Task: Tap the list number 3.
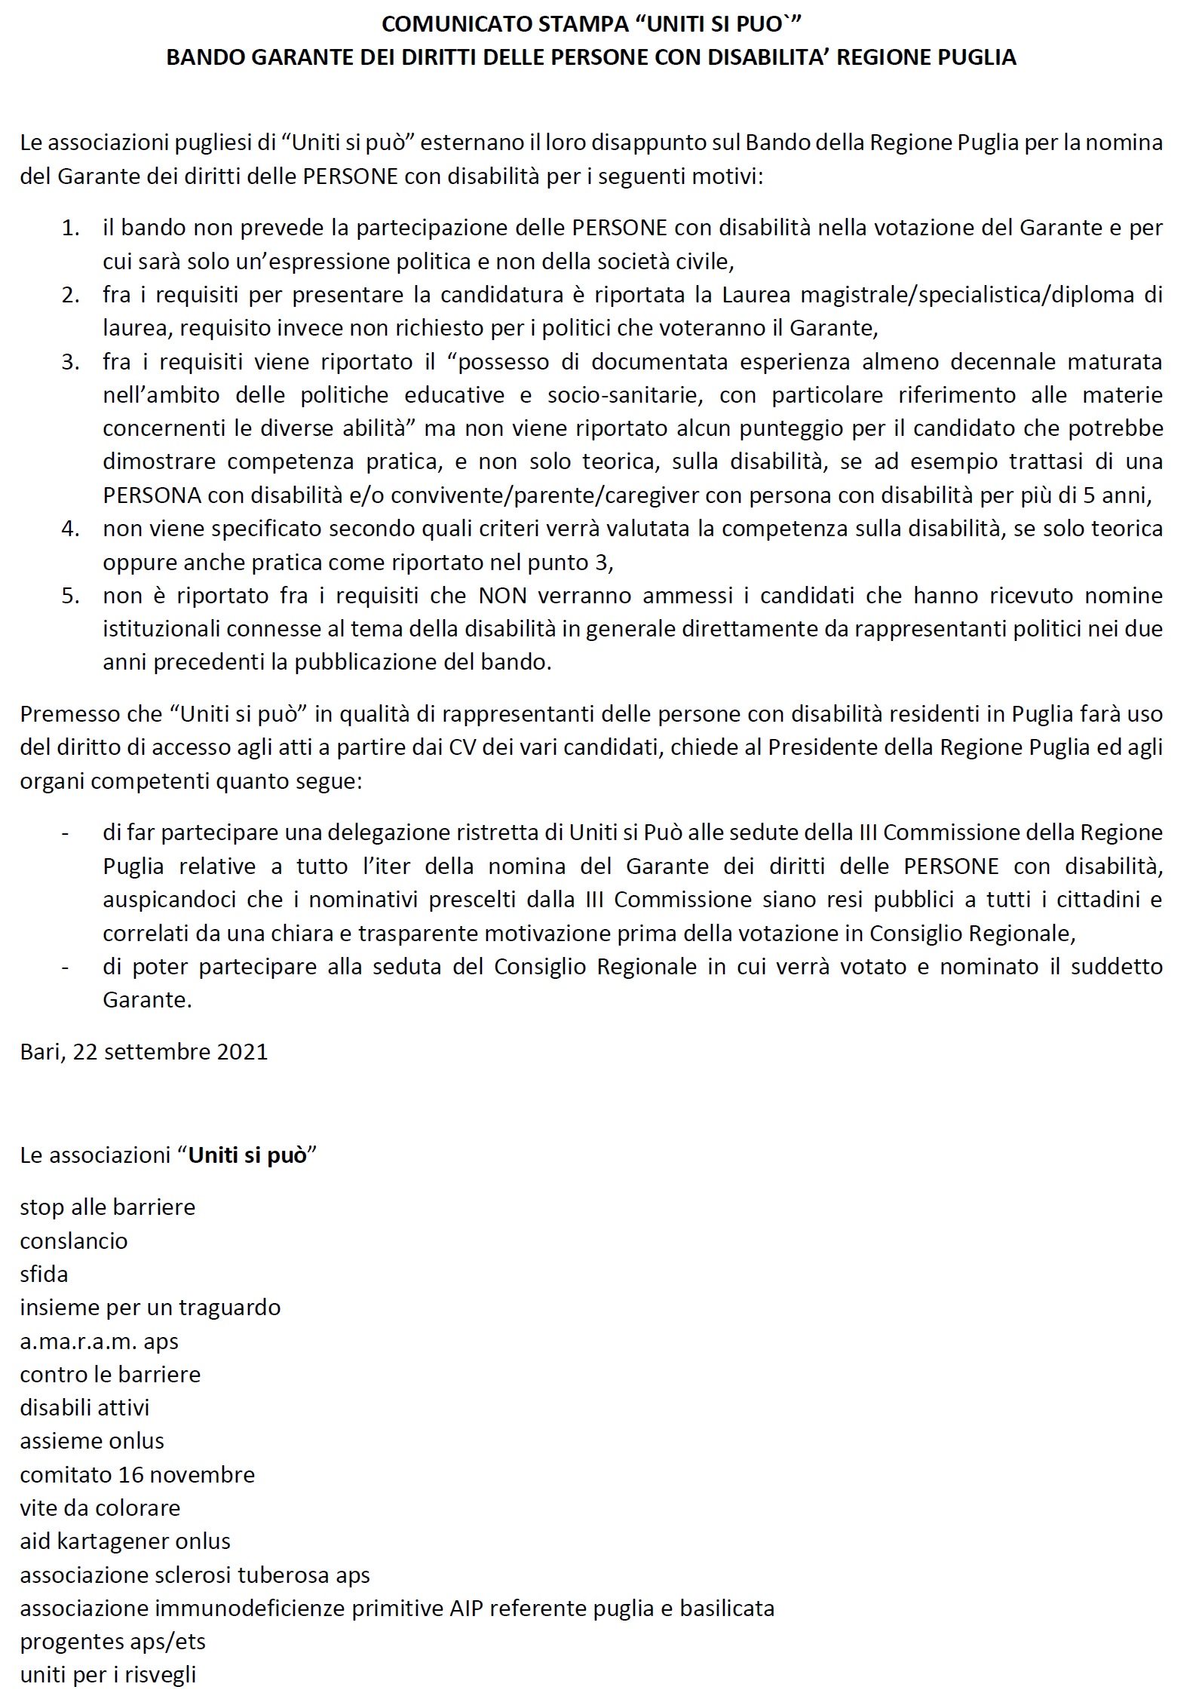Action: point(71,362)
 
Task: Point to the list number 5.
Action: point(71,596)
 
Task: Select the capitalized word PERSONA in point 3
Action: point(152,495)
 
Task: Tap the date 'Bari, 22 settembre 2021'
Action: point(144,1052)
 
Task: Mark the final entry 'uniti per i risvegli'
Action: point(108,1674)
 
